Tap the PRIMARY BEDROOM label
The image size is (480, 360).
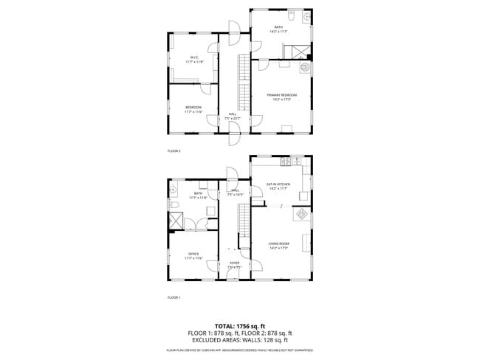281,95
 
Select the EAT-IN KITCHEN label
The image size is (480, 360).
278,184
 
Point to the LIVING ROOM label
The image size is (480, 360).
278,243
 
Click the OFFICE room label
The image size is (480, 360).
193,255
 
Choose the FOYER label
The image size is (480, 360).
234,263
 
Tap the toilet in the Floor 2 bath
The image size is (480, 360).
291,15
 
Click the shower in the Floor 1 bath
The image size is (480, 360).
178,221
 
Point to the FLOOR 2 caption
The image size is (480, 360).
174,150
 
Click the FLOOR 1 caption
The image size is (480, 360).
174,297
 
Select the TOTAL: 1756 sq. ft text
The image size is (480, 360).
240,325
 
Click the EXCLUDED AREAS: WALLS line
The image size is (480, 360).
240,340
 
